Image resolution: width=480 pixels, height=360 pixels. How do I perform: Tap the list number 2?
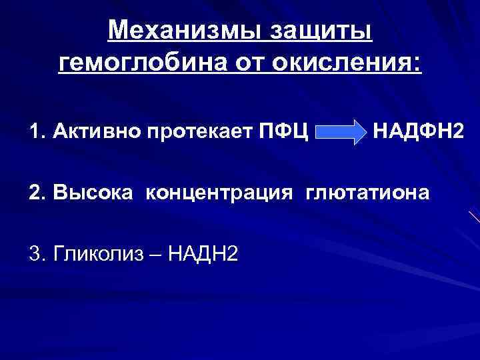tap(36, 193)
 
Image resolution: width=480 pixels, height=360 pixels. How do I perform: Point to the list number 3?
tap(36, 254)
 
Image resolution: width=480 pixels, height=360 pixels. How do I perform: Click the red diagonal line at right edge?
tap(473, 217)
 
